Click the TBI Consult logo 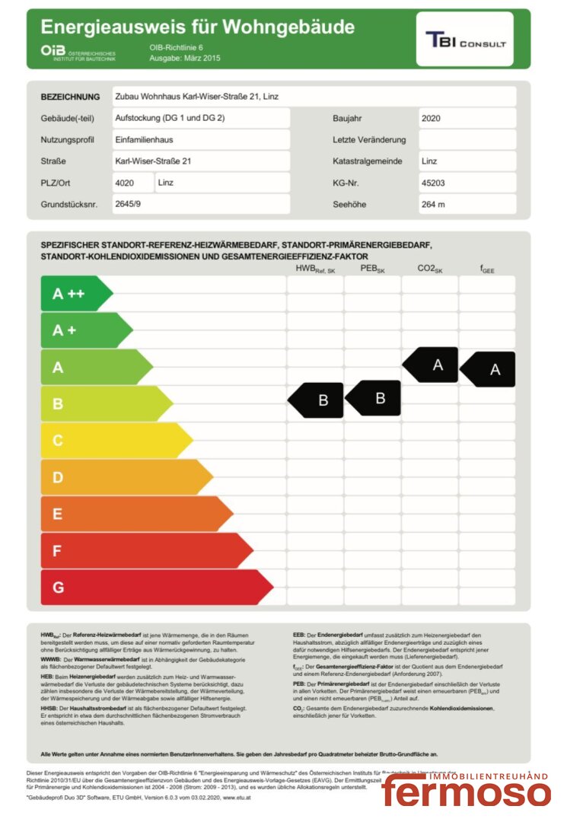(x=465, y=40)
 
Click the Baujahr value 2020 (x=431, y=119)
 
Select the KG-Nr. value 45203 (x=433, y=183)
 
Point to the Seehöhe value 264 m (x=433, y=205)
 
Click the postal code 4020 (x=123, y=183)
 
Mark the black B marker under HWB (x=317, y=400)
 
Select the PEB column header (x=371, y=269)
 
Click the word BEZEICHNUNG (x=70, y=97)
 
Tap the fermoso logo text (x=466, y=792)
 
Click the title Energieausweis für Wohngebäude (x=198, y=28)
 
